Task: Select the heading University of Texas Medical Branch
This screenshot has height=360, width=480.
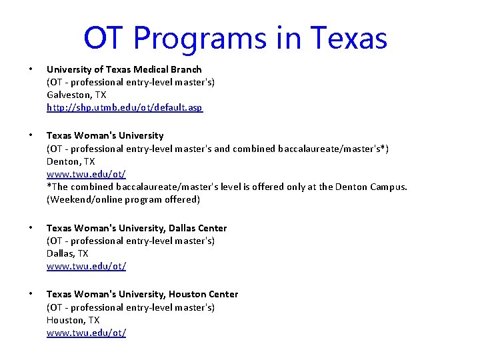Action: click(x=124, y=69)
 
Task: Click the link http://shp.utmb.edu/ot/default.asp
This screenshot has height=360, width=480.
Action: click(x=125, y=107)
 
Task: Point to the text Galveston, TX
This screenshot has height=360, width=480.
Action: click(x=76, y=95)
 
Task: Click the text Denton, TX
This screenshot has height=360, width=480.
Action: click(x=71, y=161)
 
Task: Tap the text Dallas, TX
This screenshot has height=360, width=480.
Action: click(x=67, y=253)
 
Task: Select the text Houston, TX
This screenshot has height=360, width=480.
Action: click(x=72, y=320)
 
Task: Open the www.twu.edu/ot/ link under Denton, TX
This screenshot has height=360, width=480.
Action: click(x=86, y=174)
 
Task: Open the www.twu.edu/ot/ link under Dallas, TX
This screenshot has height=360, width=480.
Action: click(x=86, y=266)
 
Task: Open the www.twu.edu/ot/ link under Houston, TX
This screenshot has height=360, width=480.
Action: click(x=86, y=333)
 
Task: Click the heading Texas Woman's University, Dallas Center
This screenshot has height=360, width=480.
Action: click(x=137, y=228)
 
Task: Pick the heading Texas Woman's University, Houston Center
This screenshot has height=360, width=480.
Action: click(x=142, y=294)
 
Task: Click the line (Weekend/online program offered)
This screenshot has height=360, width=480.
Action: click(x=123, y=199)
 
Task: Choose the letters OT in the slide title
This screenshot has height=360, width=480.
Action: click(x=104, y=38)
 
